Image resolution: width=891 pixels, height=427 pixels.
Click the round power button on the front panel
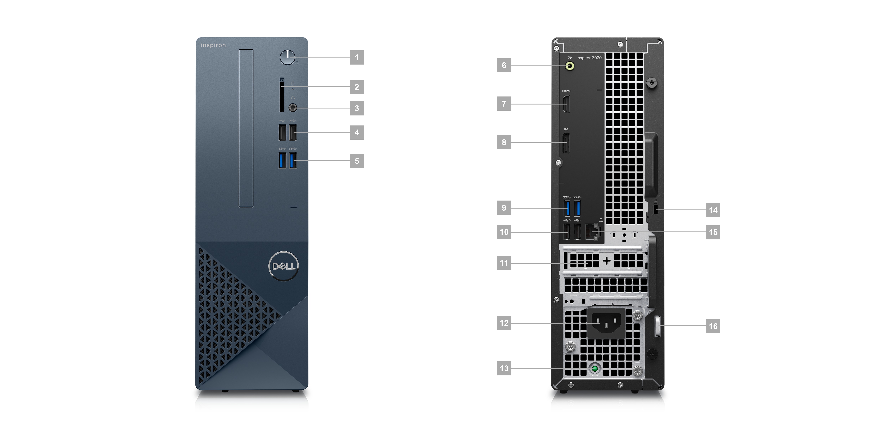287,57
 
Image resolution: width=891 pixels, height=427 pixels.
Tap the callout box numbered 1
357,57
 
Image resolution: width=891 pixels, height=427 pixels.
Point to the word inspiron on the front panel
213,45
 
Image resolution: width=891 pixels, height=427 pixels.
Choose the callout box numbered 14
713,210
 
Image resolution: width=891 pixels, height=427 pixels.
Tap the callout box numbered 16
713,326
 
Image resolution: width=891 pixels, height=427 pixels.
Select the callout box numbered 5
357,161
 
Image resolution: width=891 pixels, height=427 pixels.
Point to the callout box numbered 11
504,263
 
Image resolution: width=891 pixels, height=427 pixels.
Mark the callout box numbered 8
504,142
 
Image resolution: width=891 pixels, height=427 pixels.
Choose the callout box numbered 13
504,368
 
